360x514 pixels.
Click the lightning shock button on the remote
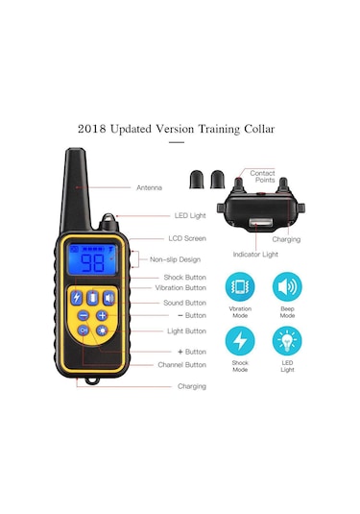coord(77,298)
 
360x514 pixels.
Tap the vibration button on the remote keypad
coord(93,298)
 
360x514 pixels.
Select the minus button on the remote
coord(84,315)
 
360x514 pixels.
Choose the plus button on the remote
coord(102,315)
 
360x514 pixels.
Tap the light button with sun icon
coord(102,330)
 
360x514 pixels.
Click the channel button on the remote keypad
coord(84,330)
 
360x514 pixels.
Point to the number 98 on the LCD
coord(93,263)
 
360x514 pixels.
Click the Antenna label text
coord(149,187)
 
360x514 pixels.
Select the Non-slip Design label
coord(175,259)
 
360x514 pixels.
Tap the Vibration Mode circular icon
coord(240,287)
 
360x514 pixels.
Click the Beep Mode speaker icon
coord(287,287)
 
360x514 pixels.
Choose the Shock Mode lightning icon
coord(240,341)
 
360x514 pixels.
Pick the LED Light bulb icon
coord(287,341)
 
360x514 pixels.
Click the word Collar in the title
coord(259,129)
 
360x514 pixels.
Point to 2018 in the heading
coord(92,129)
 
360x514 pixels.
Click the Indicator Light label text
coord(255,255)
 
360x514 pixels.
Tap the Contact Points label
coord(263,177)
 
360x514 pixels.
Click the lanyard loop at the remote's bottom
coord(92,380)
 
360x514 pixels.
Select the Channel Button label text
coord(181,365)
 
